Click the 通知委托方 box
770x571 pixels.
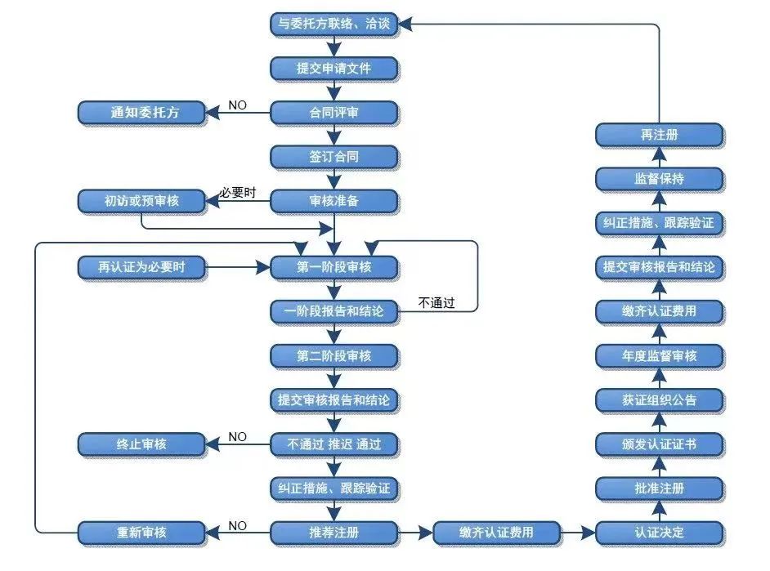pos(141,112)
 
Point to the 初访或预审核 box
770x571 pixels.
pos(141,200)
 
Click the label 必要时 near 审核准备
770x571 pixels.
pos(238,194)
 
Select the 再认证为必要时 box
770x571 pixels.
pos(141,266)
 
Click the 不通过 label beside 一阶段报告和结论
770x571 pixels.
pos(436,303)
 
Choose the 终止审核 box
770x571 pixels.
pos(141,444)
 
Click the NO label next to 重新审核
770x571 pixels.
pos(237,525)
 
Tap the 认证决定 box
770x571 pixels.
pos(659,533)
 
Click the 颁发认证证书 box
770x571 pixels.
pos(659,444)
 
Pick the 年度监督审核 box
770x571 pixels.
pos(659,355)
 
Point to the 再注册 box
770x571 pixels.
pos(659,134)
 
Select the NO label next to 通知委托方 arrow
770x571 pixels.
pos(237,105)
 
